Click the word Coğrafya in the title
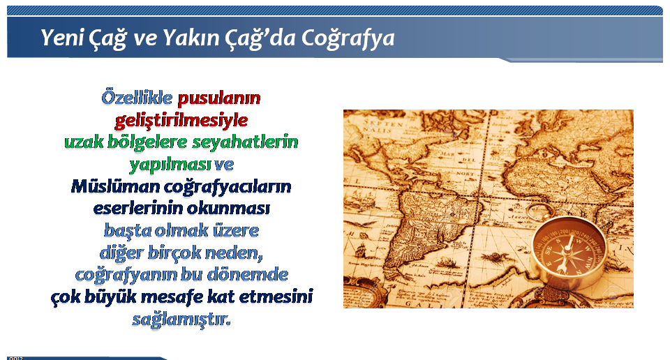[348, 38]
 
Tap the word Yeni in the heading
[62, 37]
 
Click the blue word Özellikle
[137, 98]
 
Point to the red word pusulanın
[219, 98]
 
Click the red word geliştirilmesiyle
[181, 121]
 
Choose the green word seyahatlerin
[245, 142]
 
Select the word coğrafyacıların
[228, 187]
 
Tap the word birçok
[174, 253]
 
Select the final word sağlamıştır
[181, 319]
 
